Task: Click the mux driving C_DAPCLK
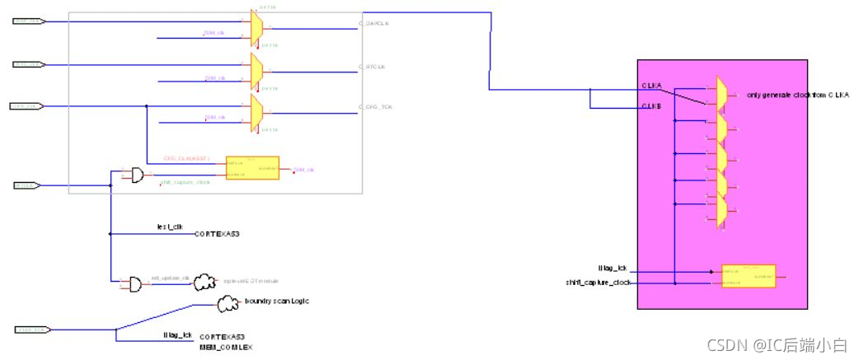pyautogui.click(x=256, y=26)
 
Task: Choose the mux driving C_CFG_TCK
pyautogui.click(x=256, y=110)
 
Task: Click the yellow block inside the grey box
pyautogui.click(x=252, y=169)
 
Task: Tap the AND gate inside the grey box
pyautogui.click(x=132, y=175)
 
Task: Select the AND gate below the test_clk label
pyautogui.click(x=132, y=283)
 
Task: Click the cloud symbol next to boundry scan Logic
pyautogui.click(x=228, y=305)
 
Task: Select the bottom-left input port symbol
pyautogui.click(x=31, y=330)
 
